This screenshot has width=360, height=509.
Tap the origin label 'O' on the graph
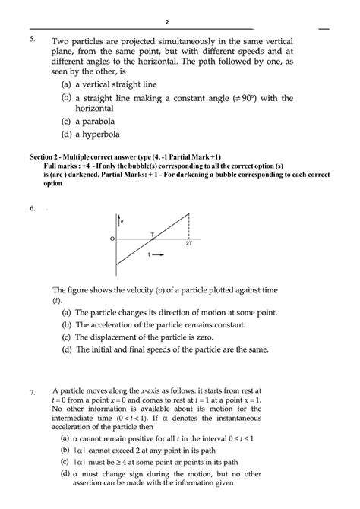coord(111,239)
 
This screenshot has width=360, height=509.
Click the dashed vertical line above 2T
coord(188,225)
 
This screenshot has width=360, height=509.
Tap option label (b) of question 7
coord(65,451)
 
